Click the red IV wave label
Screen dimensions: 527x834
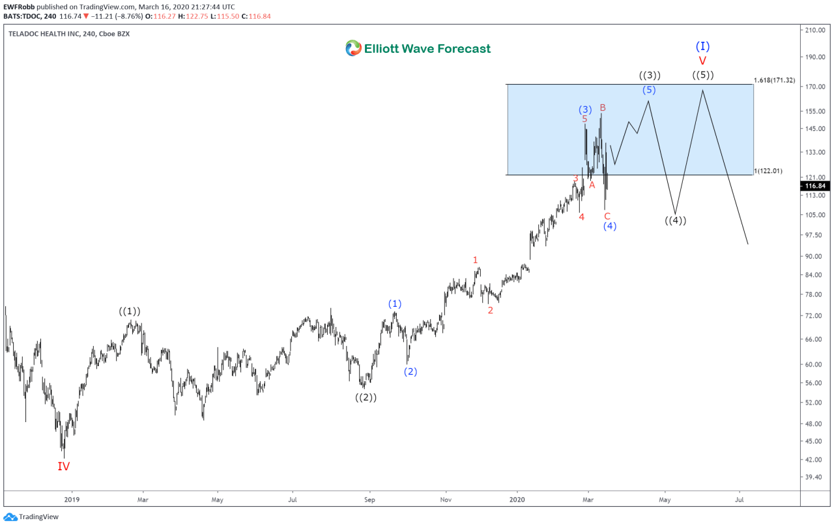tap(63, 466)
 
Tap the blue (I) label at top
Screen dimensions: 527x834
tap(702, 46)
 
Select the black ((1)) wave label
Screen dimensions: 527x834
tap(130, 311)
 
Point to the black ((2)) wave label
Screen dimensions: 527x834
tap(366, 397)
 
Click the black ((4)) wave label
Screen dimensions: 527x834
tap(676, 220)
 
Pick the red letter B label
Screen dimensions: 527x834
tap(603, 107)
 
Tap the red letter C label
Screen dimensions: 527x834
tap(607, 216)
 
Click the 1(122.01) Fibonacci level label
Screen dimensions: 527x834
tap(768, 171)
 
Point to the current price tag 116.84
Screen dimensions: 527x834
tap(816, 186)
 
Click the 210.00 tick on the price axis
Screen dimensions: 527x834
tap(815, 30)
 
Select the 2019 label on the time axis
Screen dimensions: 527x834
tap(72, 500)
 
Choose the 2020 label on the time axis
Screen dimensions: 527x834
tap(517, 500)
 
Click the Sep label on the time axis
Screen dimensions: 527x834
tap(369, 500)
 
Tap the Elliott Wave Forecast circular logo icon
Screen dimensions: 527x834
tap(353, 48)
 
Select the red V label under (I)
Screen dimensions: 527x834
tap(702, 61)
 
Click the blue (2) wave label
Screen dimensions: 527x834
tap(410, 372)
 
